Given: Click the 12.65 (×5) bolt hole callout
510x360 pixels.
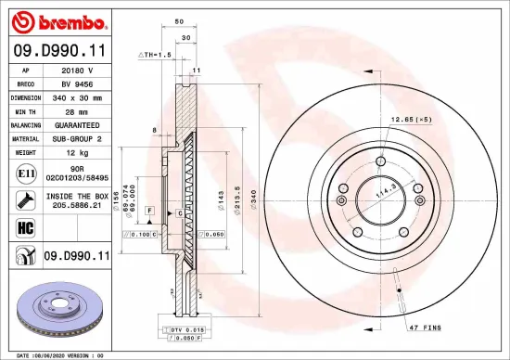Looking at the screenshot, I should coord(412,121).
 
